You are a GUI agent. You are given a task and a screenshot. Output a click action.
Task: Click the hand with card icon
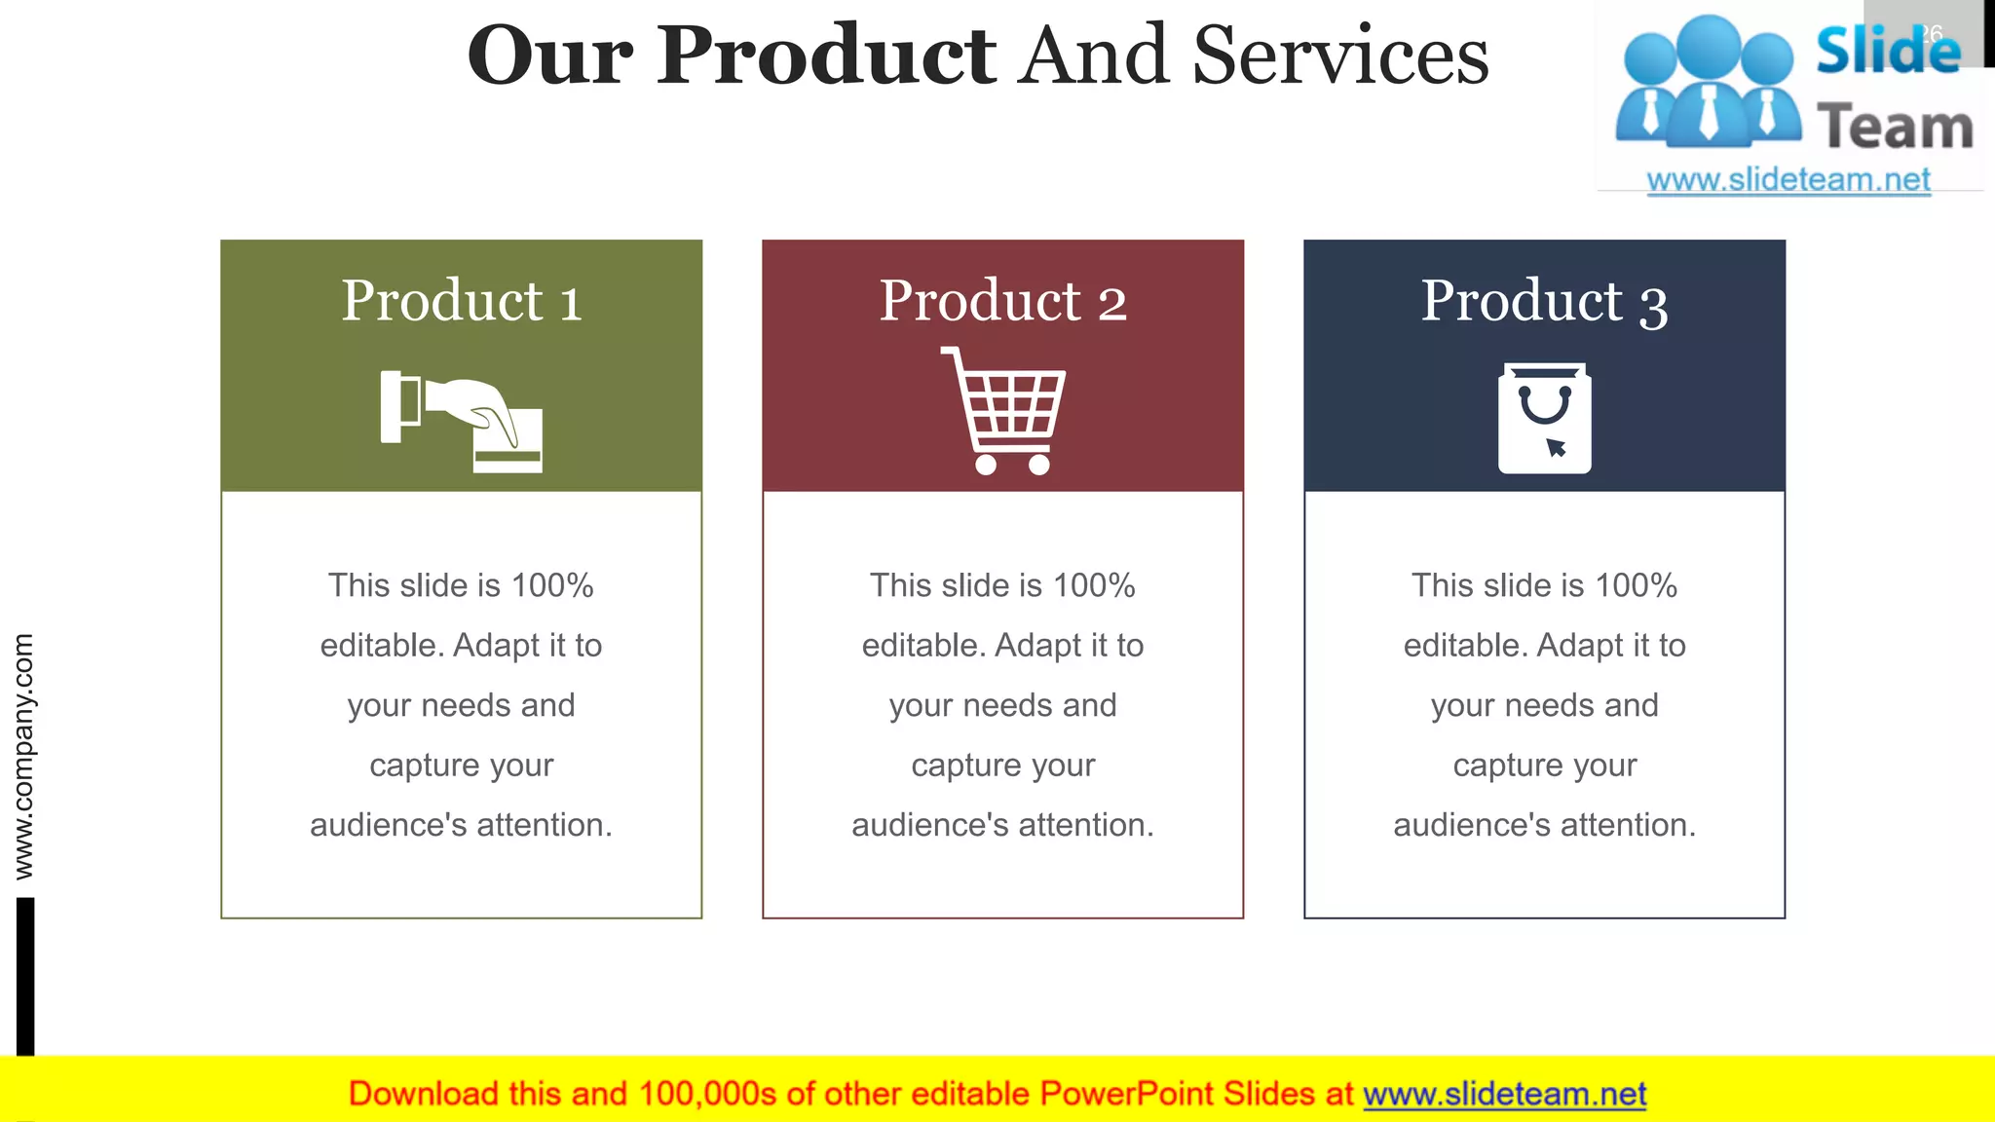(x=462, y=421)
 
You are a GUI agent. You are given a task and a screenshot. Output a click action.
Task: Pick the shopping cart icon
(x=1004, y=410)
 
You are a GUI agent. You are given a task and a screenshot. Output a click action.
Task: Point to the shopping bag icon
(x=1544, y=419)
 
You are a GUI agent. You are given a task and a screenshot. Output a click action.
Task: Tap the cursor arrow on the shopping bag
(x=1556, y=447)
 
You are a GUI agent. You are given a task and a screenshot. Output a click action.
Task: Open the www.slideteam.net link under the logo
(x=1788, y=180)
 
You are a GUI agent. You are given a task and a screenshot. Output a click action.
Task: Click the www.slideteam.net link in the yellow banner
(x=1504, y=1094)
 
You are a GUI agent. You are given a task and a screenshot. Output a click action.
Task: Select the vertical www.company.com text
(x=23, y=756)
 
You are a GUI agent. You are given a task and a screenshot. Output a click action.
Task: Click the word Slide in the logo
(x=1888, y=51)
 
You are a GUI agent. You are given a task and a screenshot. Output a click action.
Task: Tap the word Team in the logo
(x=1895, y=128)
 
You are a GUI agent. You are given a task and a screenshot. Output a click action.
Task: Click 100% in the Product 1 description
(x=552, y=585)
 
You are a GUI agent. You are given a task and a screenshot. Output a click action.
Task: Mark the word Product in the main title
(x=826, y=56)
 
